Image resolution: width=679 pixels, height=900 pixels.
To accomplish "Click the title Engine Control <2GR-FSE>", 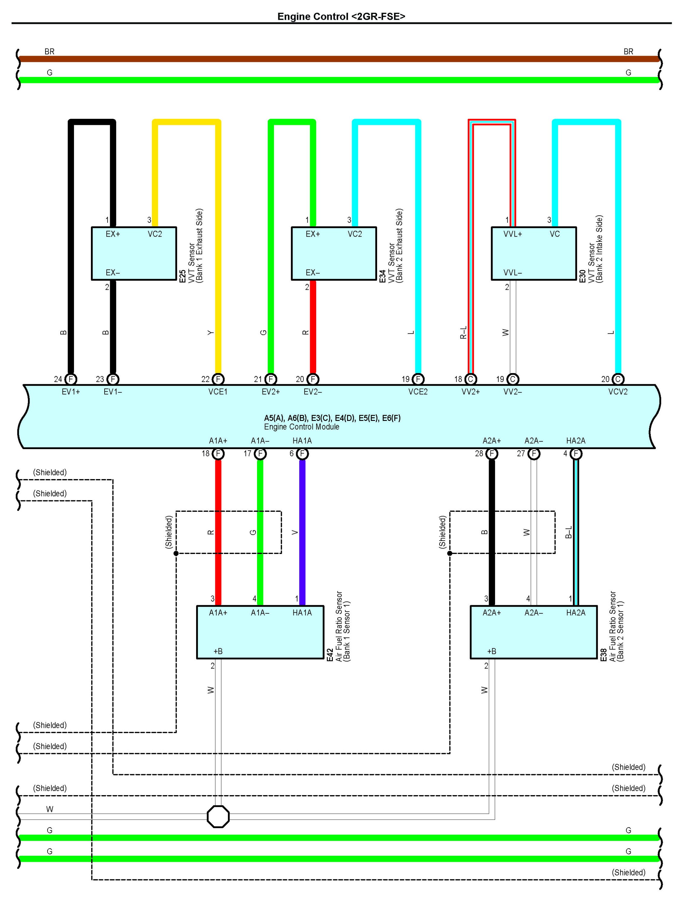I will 341,16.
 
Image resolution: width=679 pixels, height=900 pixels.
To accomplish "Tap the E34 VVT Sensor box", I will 334,253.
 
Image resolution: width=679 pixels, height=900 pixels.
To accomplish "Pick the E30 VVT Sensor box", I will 534,253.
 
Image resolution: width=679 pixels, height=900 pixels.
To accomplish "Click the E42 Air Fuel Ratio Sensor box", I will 260,632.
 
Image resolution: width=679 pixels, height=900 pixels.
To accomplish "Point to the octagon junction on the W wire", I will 218,817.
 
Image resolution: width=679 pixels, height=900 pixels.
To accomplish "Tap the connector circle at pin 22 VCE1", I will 218,379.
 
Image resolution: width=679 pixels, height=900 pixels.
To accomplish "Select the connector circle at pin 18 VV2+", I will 470,379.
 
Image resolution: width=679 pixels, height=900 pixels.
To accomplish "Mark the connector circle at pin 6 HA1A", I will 302,454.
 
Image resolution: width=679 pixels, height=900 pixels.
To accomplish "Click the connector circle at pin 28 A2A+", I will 492,454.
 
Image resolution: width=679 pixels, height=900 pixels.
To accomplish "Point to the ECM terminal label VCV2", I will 617,392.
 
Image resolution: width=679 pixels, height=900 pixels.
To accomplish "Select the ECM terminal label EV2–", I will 313,392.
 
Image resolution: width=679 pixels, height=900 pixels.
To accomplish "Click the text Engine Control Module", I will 302,427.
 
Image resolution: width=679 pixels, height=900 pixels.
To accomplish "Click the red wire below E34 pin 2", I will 313,325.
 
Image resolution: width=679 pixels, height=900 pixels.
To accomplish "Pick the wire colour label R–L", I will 463,332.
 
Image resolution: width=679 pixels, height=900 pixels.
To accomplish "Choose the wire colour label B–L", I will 569,532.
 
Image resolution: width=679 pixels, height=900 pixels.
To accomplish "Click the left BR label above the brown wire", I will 49,52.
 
